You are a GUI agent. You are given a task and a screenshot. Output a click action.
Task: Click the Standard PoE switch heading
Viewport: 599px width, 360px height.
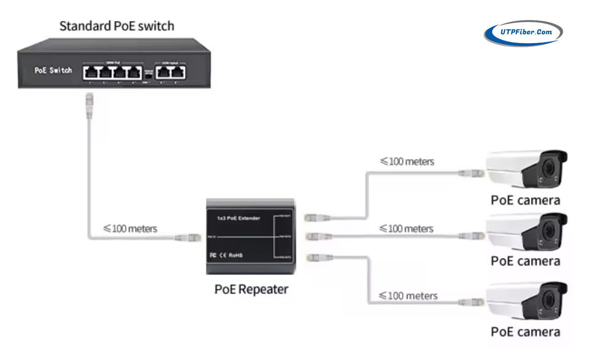(x=117, y=26)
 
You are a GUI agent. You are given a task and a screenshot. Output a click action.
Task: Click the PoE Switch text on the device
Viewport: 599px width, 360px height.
(x=53, y=70)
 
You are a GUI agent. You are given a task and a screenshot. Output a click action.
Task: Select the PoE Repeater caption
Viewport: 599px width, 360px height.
(x=251, y=289)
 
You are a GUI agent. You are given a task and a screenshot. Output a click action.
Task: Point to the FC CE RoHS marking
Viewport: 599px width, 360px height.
(x=226, y=255)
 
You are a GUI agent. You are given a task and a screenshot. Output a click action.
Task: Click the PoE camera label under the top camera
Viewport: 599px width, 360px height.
(x=525, y=200)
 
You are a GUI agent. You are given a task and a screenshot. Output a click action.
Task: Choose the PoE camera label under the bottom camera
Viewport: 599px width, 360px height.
(x=525, y=332)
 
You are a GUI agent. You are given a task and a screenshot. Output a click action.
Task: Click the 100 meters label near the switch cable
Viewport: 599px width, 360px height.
(x=130, y=228)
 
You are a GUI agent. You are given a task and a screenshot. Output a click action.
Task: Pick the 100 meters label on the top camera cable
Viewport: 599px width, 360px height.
(x=407, y=161)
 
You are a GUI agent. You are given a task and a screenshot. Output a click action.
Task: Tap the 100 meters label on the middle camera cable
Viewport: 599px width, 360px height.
(x=407, y=228)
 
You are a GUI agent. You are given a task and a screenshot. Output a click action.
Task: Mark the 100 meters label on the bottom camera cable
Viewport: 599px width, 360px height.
(x=408, y=296)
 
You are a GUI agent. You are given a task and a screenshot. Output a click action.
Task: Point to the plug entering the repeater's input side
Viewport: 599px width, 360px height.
(x=188, y=237)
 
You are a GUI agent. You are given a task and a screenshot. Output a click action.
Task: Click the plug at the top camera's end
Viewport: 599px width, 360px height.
(x=470, y=173)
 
